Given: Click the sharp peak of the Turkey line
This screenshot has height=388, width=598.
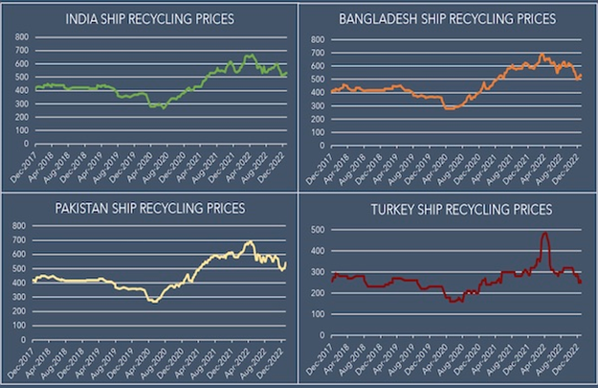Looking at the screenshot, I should point(544,233).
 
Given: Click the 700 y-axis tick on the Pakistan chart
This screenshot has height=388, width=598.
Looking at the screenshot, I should point(20,240).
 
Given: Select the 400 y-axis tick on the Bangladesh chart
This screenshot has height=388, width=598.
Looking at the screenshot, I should point(317,92).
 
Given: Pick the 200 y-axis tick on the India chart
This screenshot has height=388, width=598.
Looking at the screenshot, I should point(20,117).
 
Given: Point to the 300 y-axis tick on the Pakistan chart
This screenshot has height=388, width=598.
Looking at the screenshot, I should point(20,294).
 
